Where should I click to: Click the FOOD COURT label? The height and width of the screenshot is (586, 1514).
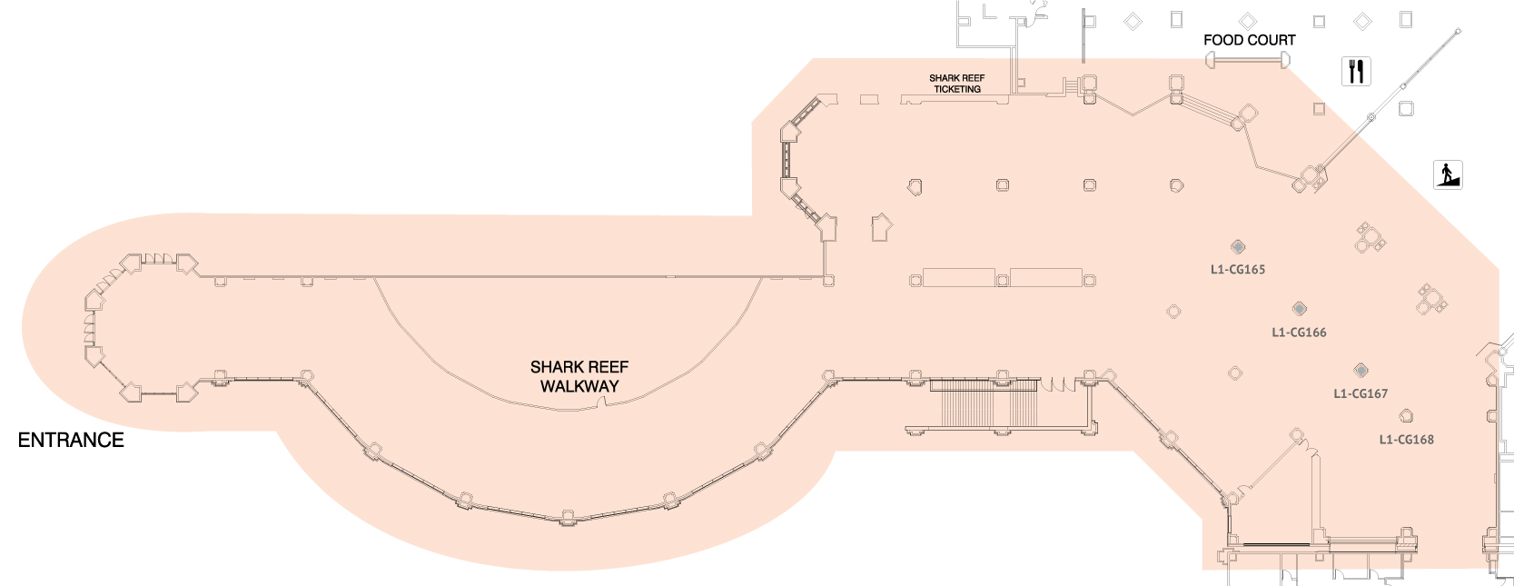[x=1249, y=40]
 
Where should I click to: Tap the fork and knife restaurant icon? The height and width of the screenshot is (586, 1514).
[x=1356, y=71]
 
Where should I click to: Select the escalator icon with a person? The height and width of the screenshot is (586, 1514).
[x=1448, y=174]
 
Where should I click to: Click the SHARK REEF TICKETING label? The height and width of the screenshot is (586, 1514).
[x=956, y=84]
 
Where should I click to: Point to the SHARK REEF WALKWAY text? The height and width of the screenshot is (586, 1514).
[x=579, y=376]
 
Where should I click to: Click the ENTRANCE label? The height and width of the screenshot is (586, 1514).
[x=71, y=440]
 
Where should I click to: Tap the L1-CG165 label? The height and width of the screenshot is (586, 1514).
[x=1237, y=269]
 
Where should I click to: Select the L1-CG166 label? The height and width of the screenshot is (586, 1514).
[x=1299, y=333]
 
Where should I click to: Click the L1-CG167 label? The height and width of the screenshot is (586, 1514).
[x=1360, y=393]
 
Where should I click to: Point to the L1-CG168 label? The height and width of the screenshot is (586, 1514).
[x=1406, y=440]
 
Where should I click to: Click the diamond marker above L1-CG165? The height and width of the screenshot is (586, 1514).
[x=1237, y=246]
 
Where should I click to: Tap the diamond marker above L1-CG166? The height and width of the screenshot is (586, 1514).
[x=1300, y=309]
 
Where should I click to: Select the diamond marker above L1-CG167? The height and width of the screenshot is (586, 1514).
[x=1360, y=370]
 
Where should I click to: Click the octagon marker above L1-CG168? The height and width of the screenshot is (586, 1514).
[x=1406, y=416]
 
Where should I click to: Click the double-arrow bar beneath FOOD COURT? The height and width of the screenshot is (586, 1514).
[x=1248, y=60]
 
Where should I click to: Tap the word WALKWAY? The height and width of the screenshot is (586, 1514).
[x=579, y=386]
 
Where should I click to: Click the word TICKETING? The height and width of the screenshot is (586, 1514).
[x=957, y=89]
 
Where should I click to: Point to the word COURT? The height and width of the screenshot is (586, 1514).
[x=1272, y=40]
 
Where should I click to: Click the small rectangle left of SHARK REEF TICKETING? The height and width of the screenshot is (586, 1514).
[x=869, y=99]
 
